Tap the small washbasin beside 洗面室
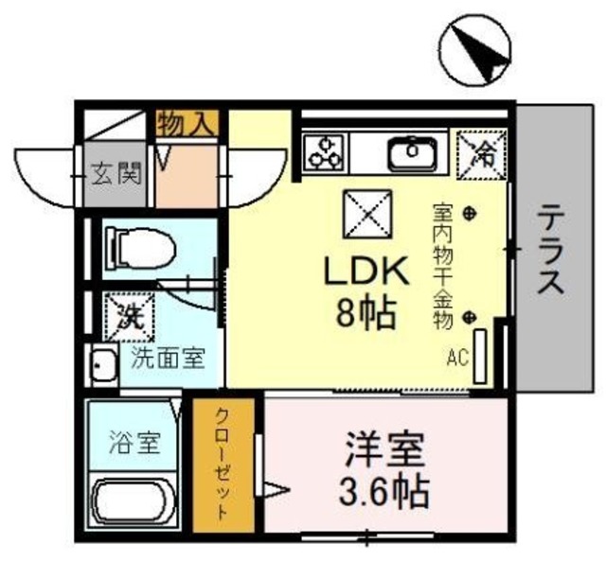tap(99, 363)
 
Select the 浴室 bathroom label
tap(133, 440)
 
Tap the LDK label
tap(366, 274)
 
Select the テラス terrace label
tap(553, 251)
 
